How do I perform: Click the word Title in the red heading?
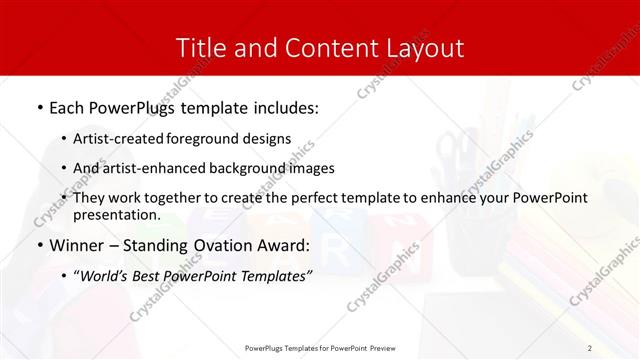[x=199, y=47]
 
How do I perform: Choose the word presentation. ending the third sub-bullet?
[x=116, y=215]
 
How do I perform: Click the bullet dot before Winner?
[x=38, y=245]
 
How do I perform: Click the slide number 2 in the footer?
[x=590, y=348]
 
